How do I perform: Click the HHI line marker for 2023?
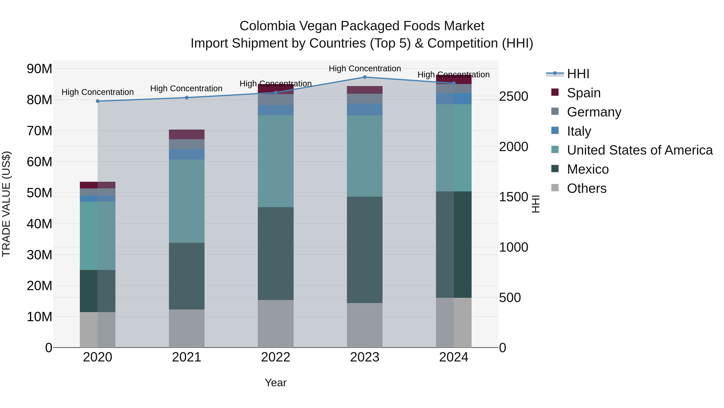pos(365,77)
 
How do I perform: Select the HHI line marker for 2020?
pos(98,101)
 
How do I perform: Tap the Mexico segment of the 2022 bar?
pos(276,253)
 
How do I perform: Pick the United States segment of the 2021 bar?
pos(186,201)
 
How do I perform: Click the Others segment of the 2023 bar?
pos(365,325)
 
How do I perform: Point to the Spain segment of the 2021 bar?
pos(186,134)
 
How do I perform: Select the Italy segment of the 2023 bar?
pos(365,109)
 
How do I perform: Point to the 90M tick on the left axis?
pos(39,69)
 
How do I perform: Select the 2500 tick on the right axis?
pos(513,96)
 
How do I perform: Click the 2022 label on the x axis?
pos(276,357)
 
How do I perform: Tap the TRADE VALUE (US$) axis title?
pos(6,204)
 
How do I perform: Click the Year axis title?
pos(276,383)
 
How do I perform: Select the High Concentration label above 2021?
pos(186,88)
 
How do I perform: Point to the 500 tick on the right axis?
pos(510,298)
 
